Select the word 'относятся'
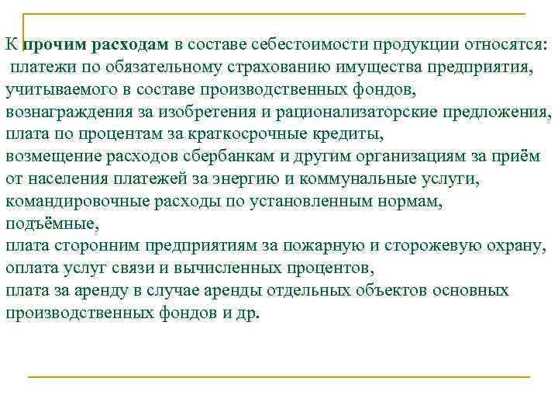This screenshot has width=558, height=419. pyautogui.click(x=507, y=44)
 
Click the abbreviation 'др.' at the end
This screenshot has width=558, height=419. pyautogui.click(x=250, y=314)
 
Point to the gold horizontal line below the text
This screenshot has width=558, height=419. pyautogui.click(x=279, y=376)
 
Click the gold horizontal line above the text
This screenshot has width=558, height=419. pyautogui.click(x=279, y=14)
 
